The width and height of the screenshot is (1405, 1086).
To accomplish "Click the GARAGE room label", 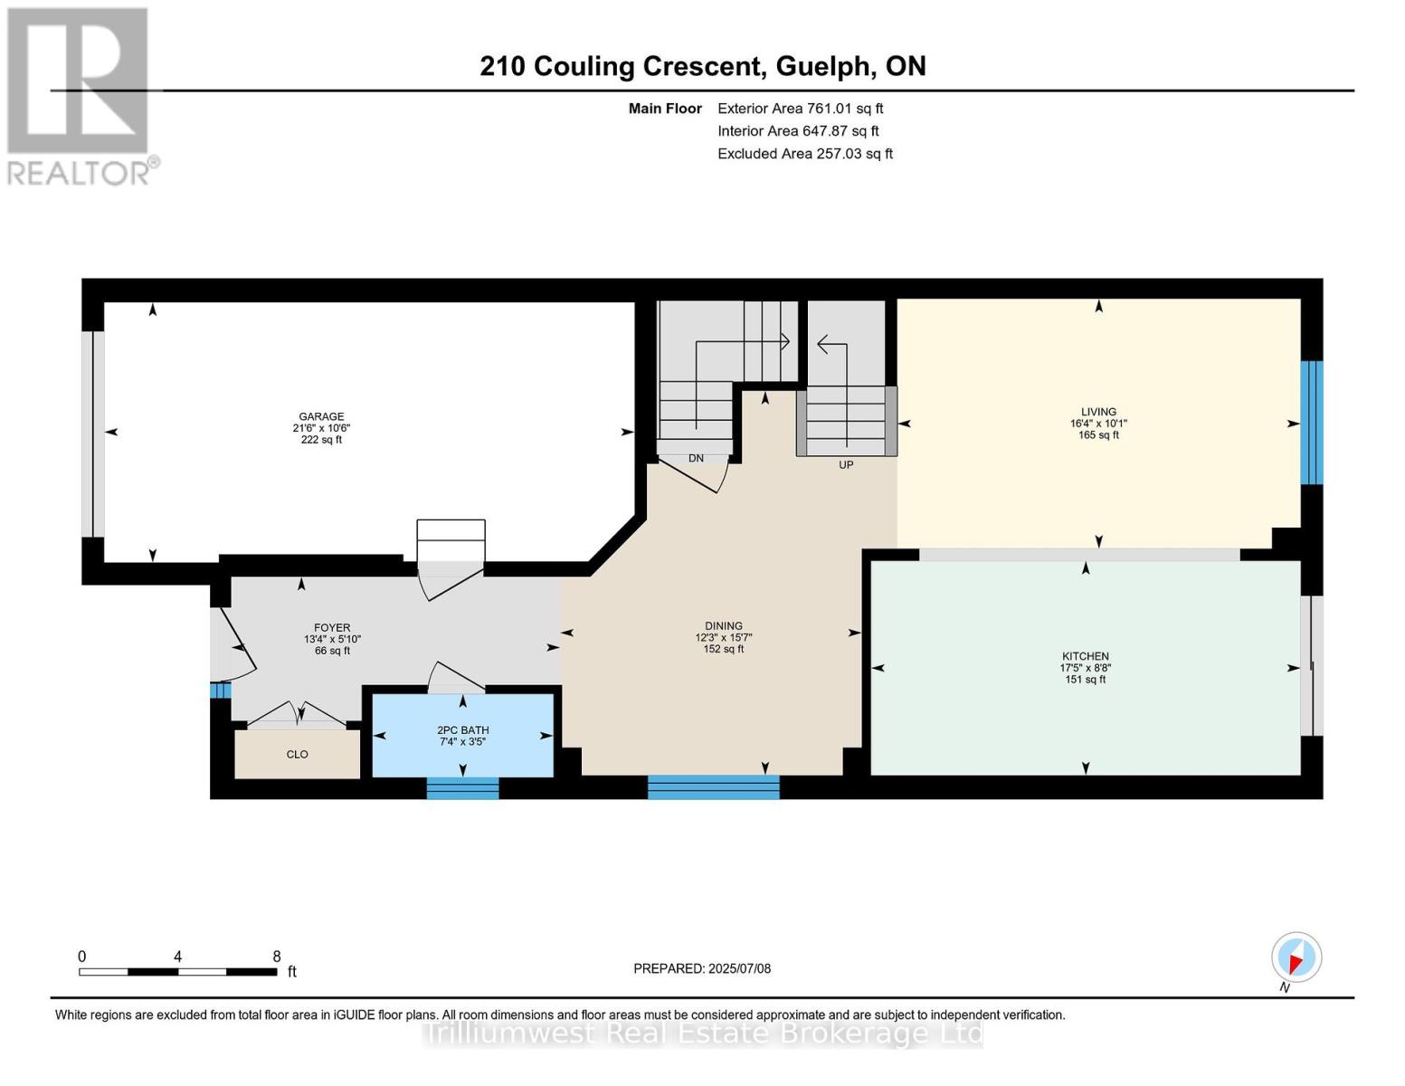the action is (321, 416).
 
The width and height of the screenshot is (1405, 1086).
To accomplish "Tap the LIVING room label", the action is (1098, 412).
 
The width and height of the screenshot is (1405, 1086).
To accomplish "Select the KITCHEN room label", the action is (1085, 656).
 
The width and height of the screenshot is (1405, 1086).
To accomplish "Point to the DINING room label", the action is (724, 625).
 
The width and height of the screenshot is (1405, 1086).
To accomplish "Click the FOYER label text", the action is (332, 627).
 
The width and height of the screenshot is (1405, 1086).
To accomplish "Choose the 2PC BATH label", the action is (463, 730).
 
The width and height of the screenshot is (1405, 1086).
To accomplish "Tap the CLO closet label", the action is (298, 754).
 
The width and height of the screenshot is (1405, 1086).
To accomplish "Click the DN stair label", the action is (696, 458).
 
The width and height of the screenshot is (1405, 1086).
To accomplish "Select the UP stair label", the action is (846, 464).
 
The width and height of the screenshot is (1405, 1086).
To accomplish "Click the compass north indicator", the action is (1296, 957).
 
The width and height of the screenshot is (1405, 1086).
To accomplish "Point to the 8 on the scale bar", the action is (277, 956).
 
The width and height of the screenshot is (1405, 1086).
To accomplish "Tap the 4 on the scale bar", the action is (178, 956).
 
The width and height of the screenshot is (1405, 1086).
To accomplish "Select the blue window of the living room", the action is (1312, 423).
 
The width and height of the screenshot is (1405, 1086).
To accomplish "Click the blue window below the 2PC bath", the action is (463, 788).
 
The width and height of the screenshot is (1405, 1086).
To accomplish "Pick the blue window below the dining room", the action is (714, 787).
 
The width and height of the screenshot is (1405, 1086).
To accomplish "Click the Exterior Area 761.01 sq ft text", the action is (801, 109).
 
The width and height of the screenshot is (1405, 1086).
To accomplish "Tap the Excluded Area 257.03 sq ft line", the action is (805, 154).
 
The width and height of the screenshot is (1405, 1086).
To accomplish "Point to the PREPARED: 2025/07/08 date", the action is (702, 968).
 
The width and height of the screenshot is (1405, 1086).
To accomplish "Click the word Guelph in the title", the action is (823, 67).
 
